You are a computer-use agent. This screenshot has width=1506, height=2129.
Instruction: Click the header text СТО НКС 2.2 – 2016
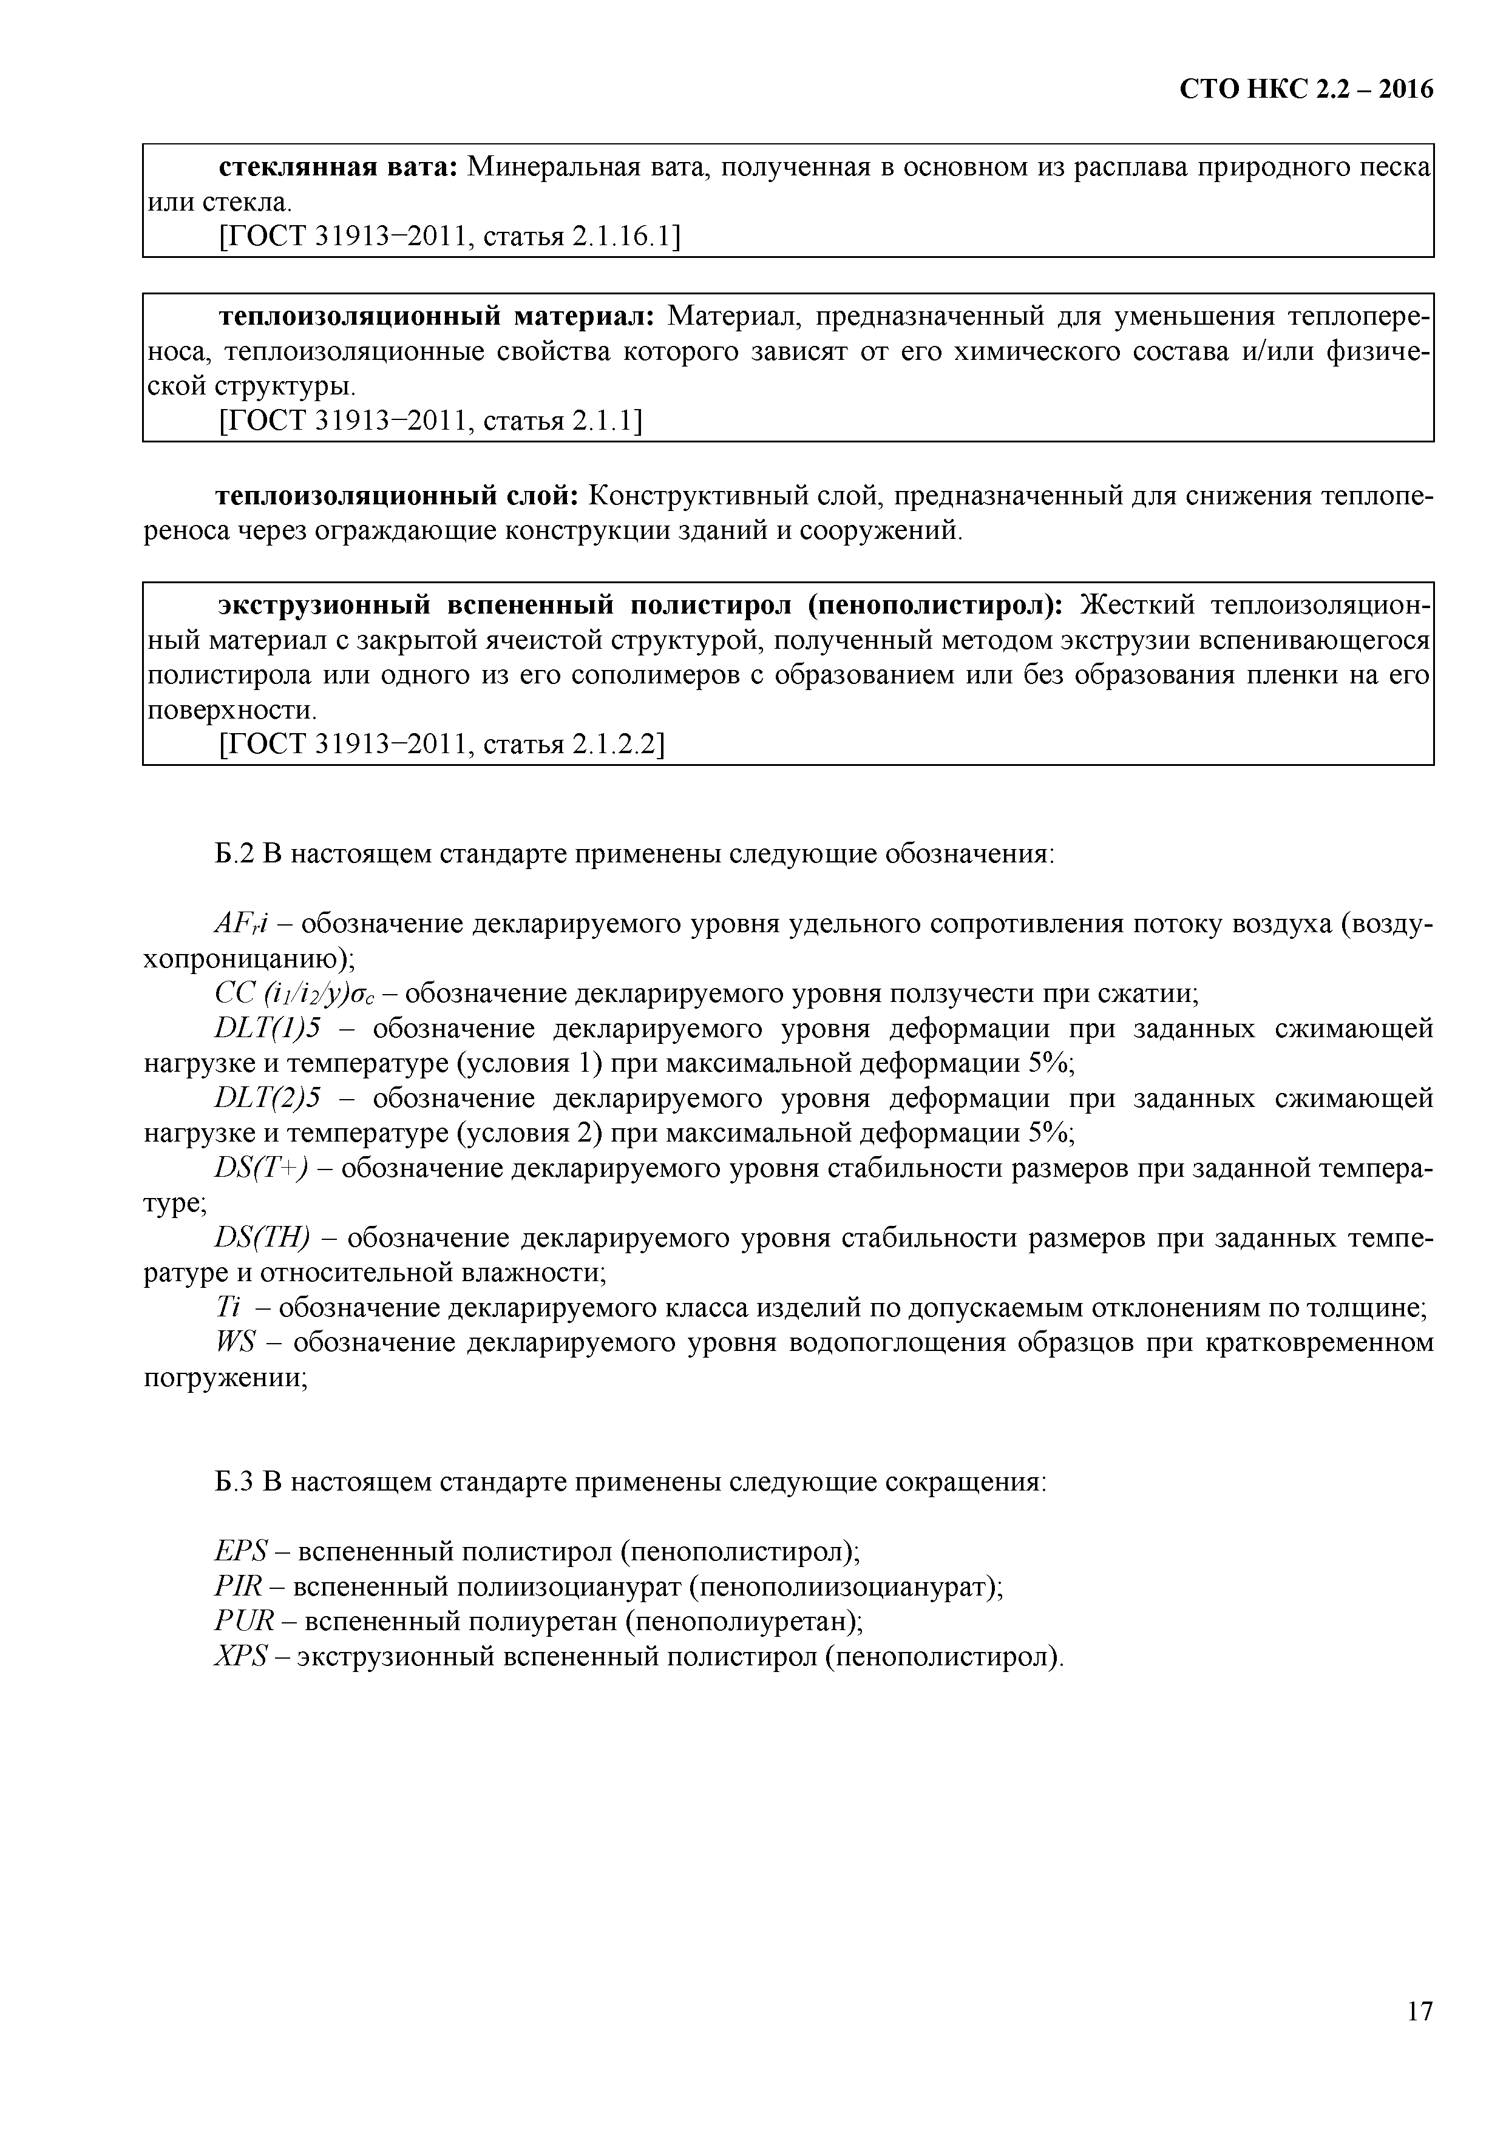click(x=1306, y=89)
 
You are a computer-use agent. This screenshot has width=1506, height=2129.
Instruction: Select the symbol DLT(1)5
click(x=267, y=1029)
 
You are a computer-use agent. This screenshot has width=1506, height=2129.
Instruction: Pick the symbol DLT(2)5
click(x=267, y=1099)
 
